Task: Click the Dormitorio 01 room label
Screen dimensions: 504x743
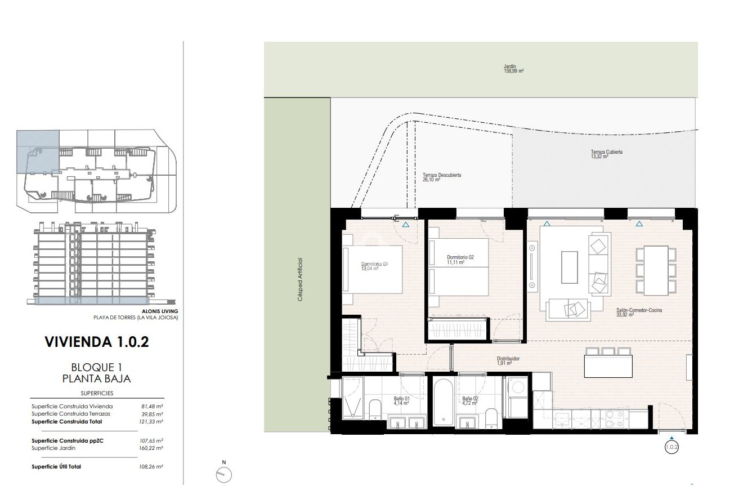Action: click(374, 266)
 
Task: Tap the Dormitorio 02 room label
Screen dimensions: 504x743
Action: click(460, 259)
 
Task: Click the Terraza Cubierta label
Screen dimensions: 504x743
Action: click(606, 154)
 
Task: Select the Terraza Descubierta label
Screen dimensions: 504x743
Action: click(442, 177)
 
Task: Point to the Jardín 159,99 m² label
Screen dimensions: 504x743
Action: click(513, 69)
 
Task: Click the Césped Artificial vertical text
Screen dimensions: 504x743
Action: click(301, 280)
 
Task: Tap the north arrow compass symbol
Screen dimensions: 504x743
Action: click(223, 475)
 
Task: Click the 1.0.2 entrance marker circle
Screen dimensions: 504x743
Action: click(672, 448)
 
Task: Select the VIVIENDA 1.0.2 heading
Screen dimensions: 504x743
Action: click(96, 342)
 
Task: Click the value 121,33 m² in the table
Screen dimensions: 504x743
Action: click(151, 421)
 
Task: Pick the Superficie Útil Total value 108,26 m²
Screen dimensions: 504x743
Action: click(151, 467)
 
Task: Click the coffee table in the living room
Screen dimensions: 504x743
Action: click(569, 267)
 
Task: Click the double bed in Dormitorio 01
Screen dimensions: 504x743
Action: click(373, 269)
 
